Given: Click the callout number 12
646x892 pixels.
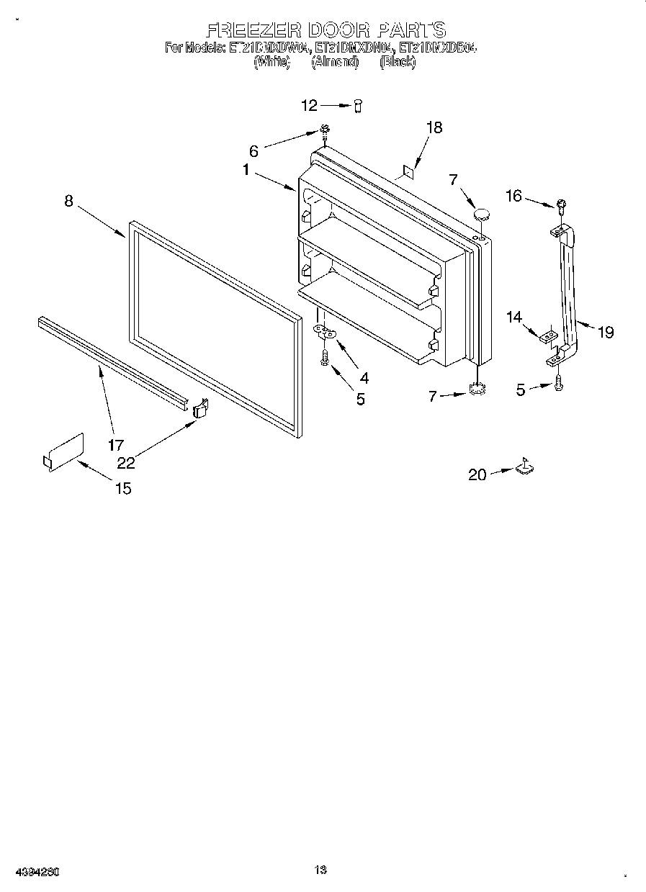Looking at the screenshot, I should pyautogui.click(x=309, y=106).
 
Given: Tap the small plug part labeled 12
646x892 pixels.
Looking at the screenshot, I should pyautogui.click(x=357, y=106).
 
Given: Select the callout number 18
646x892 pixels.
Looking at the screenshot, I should pyautogui.click(x=434, y=127).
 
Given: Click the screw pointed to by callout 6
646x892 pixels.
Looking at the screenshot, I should pyautogui.click(x=325, y=130).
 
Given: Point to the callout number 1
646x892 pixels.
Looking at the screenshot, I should pyautogui.click(x=246, y=171).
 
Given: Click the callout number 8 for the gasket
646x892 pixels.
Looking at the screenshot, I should pyautogui.click(x=68, y=201).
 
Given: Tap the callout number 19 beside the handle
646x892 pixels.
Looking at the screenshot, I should pyautogui.click(x=606, y=332).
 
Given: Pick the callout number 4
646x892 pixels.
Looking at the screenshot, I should pyautogui.click(x=364, y=377).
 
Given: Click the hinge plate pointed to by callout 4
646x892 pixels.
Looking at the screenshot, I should pyautogui.click(x=326, y=332).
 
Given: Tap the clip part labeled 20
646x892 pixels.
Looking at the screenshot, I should pyautogui.click(x=524, y=467).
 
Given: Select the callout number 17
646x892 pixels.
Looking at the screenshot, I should pyautogui.click(x=116, y=445).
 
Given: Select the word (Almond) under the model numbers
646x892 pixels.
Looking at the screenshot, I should pyautogui.click(x=334, y=63).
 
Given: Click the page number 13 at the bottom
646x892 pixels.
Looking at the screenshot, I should pyautogui.click(x=321, y=870).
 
